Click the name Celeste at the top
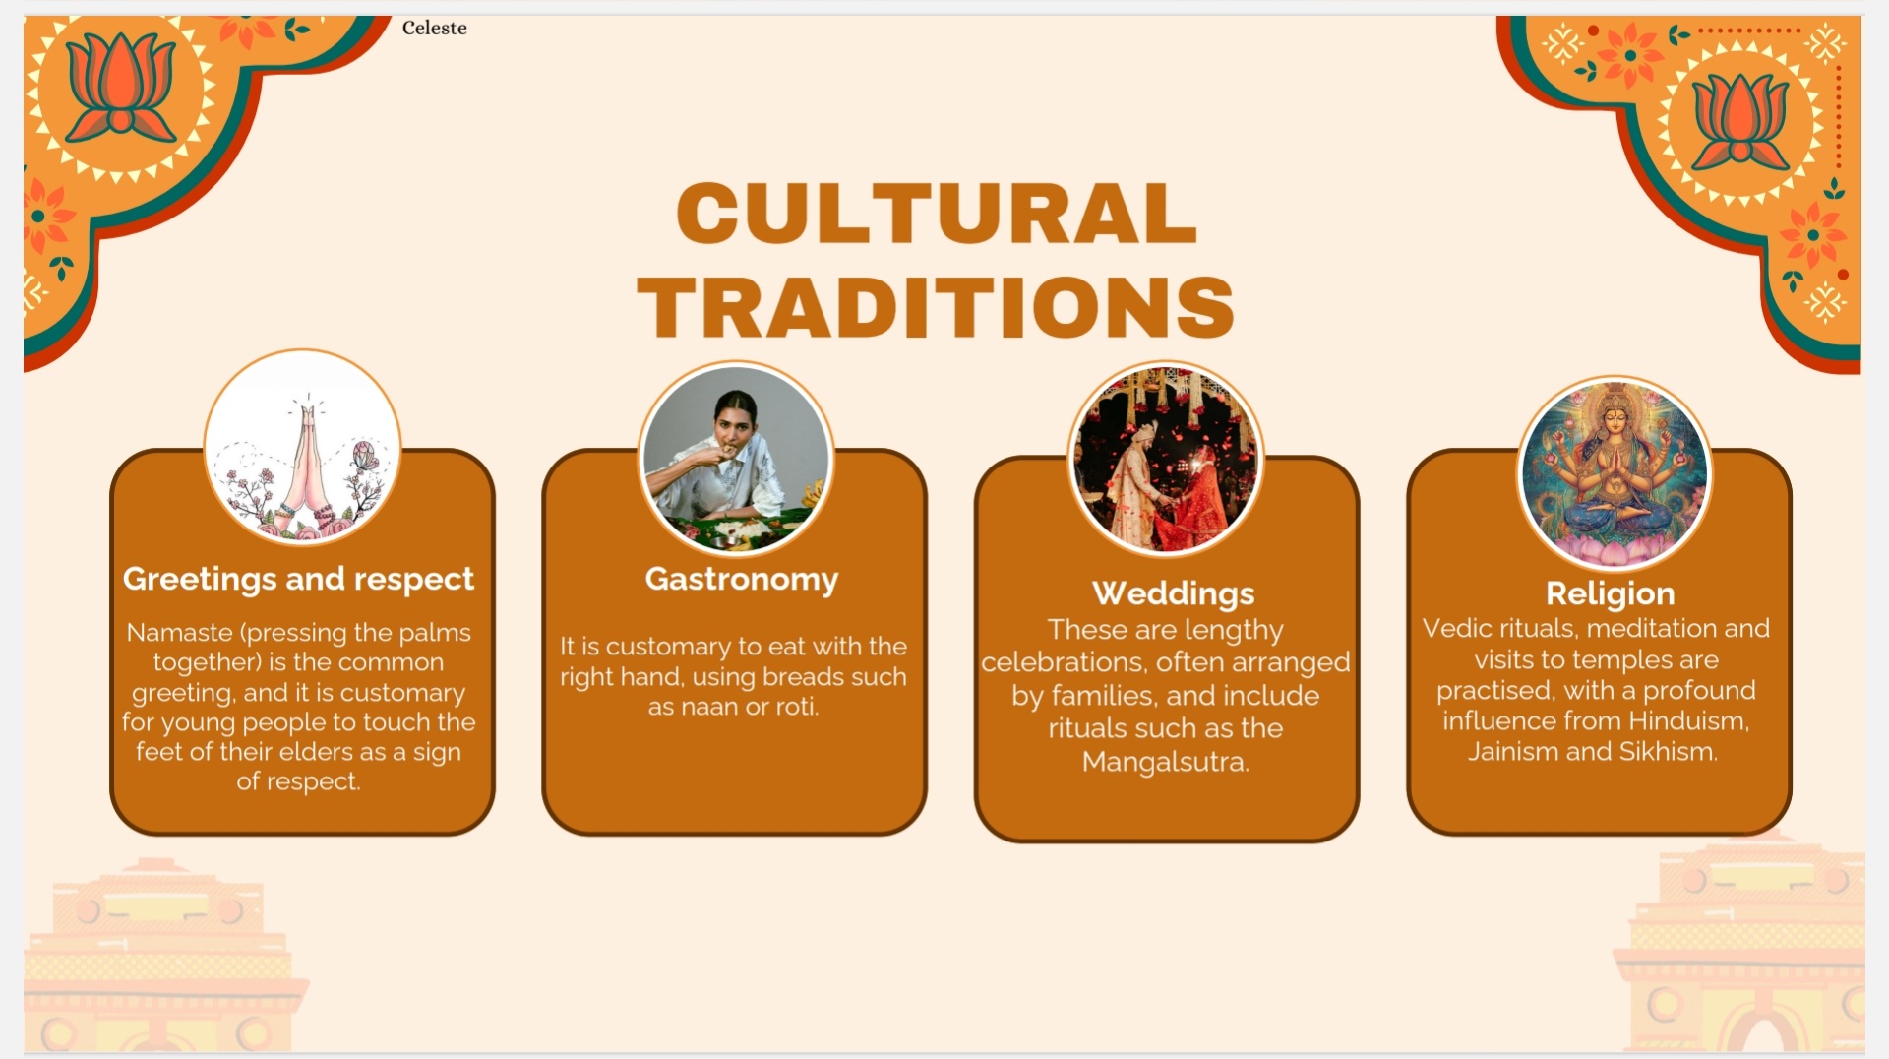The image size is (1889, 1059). (434, 28)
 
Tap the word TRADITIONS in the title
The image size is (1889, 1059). (936, 306)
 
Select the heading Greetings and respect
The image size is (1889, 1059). (298, 579)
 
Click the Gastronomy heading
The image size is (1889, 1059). (742, 579)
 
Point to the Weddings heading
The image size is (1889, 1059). (1174, 593)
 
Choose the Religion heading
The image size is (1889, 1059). (1610, 593)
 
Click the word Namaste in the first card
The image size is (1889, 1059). (179, 632)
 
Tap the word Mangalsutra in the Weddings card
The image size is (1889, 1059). (1165, 762)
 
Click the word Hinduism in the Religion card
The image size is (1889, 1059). (1688, 720)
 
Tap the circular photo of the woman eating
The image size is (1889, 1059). (736, 457)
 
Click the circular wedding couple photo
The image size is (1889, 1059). (1166, 459)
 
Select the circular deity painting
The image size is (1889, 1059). (1615, 473)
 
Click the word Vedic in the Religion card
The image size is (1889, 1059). (1456, 628)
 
